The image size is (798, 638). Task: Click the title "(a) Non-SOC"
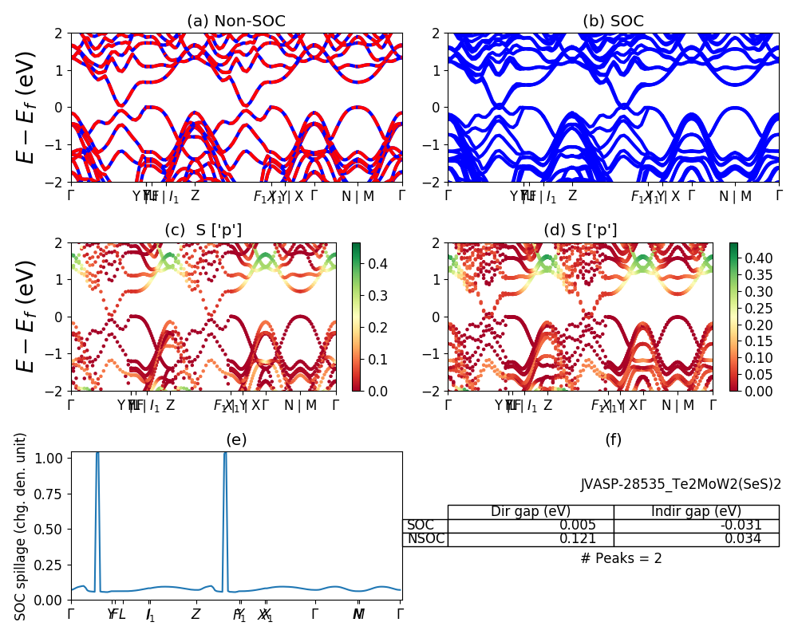click(236, 22)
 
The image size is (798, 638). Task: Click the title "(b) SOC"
click(613, 22)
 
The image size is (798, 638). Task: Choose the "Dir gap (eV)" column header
click(531, 512)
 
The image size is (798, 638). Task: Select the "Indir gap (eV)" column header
click(696, 512)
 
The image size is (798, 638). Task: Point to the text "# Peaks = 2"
click(621, 558)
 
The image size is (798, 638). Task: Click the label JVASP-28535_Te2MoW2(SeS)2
click(681, 484)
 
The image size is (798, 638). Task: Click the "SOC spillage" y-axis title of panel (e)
click(22, 526)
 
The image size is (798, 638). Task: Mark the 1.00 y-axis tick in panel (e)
click(53, 459)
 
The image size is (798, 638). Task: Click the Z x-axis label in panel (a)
click(195, 196)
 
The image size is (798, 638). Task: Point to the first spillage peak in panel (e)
click(97, 455)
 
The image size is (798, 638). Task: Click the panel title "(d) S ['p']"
click(580, 230)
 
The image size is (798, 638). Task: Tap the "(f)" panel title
click(613, 439)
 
